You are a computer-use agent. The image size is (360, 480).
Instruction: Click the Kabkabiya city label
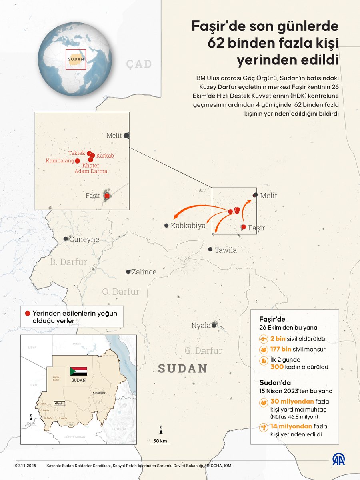188,226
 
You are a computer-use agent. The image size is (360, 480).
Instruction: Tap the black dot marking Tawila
210,249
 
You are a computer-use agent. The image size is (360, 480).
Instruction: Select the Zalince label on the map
144,272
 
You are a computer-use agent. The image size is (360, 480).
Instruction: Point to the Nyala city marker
214,325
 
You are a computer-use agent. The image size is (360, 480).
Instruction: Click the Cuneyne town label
84,240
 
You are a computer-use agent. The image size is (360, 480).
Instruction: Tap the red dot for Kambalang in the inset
78,161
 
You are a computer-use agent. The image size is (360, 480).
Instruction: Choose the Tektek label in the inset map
77,153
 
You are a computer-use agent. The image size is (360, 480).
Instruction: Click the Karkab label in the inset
105,155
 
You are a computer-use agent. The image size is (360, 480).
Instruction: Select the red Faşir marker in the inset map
107,196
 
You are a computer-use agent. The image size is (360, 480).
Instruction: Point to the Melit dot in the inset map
126,136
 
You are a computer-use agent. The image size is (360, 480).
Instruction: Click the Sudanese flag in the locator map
78,371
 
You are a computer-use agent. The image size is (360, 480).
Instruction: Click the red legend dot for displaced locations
27,314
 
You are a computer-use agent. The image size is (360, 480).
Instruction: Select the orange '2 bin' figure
277,339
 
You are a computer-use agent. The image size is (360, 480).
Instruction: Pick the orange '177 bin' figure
280,349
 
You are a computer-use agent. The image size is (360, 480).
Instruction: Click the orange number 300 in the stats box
278,366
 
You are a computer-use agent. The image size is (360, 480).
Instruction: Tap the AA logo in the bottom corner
339,459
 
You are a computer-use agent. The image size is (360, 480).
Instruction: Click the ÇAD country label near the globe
139,64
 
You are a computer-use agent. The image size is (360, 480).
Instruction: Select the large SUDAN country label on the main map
183,368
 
